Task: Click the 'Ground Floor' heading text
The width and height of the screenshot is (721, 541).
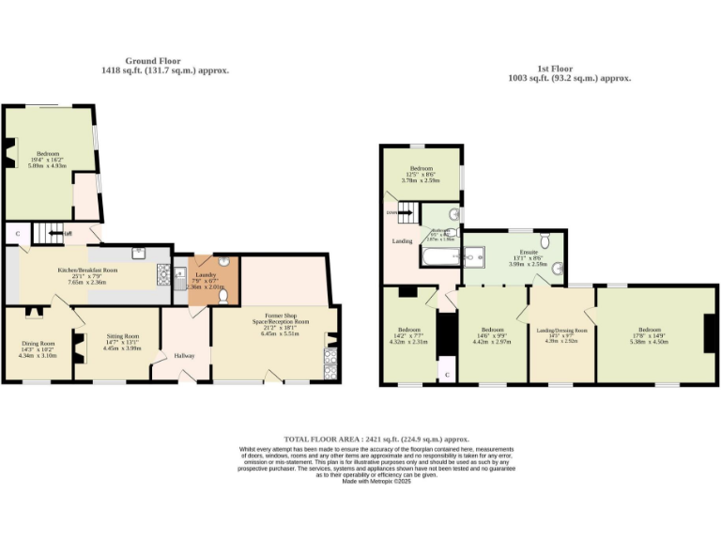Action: click(164, 61)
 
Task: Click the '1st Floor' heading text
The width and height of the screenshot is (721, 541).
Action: click(555, 69)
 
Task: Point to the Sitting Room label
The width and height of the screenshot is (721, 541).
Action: click(122, 335)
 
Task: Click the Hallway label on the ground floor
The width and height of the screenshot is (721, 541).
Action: click(182, 355)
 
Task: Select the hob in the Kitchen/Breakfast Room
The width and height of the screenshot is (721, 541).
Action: click(162, 274)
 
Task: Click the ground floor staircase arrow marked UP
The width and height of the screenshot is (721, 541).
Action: click(67, 234)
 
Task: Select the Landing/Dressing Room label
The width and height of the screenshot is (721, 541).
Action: click(561, 331)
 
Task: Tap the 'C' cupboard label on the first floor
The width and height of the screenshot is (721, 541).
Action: click(446, 374)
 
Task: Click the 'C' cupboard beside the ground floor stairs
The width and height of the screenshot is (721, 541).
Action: click(17, 232)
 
